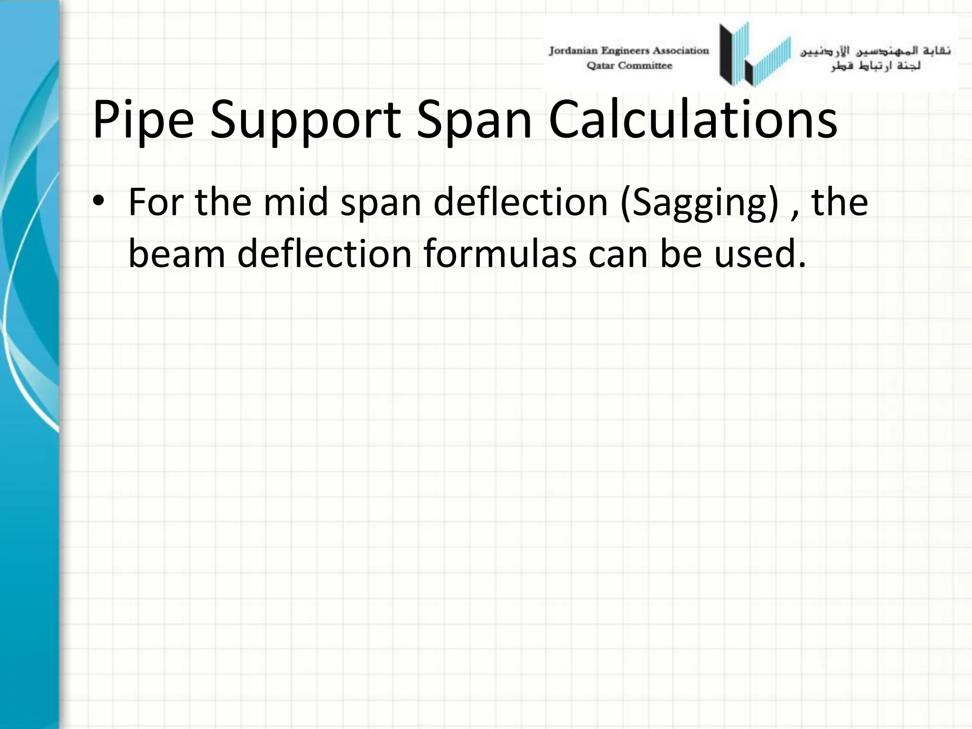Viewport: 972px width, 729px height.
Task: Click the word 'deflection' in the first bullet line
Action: (521, 202)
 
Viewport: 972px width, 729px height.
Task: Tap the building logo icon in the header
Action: (755, 55)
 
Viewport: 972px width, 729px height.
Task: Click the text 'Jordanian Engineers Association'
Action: (629, 51)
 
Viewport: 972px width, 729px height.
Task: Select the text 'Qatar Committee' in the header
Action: (629, 66)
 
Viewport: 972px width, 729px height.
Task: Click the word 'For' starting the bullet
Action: (156, 202)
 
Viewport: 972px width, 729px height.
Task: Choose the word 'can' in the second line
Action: (619, 253)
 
